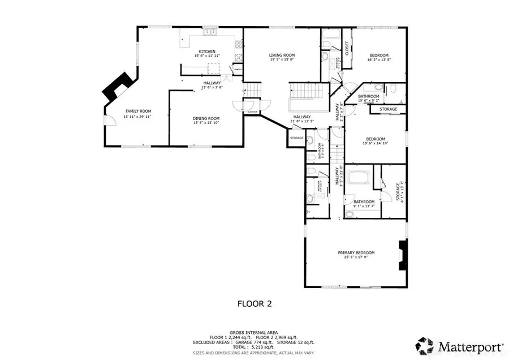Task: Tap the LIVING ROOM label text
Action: coord(282,55)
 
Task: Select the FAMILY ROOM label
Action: coord(139,111)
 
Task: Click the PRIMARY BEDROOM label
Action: coord(356,253)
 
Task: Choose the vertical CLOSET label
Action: coord(347,49)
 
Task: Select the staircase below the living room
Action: coord(309,91)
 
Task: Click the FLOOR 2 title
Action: coord(254,304)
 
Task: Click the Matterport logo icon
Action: coord(425,344)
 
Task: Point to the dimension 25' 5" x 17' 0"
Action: coord(356,258)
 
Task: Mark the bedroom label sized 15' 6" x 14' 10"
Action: coord(375,139)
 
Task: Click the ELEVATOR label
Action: coord(252,112)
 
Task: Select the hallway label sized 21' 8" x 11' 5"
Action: coord(302,117)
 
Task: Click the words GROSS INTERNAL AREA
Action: coord(254,332)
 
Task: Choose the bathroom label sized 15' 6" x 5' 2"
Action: coord(368,96)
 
